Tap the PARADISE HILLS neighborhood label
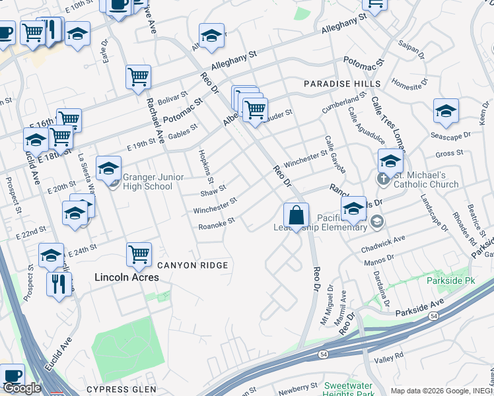pos(341,84)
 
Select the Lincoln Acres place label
pos(127,278)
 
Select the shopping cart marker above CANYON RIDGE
pos(139,254)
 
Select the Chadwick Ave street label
pos(382,244)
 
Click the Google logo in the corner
pos(22,388)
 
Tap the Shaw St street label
pos(213,191)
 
